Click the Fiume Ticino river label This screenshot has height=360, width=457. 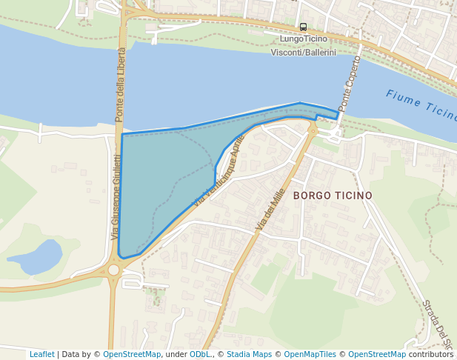coord(420,106)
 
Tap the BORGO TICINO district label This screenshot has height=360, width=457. coord(333,196)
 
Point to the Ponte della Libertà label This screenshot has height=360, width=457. coord(120,85)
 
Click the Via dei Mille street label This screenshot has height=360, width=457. coord(270,208)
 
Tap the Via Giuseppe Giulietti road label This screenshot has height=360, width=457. coord(116,196)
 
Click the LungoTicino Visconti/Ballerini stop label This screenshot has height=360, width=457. coord(303,45)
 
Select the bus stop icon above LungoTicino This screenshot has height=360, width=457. coord(303,27)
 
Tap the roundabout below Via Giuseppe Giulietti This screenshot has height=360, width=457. coord(113,270)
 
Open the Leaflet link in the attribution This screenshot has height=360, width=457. coord(41,354)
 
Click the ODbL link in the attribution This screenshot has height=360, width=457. coord(200,354)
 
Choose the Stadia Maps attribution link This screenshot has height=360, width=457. coord(250,354)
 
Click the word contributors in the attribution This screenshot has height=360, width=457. coord(431,354)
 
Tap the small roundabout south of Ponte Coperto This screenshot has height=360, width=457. coord(313,130)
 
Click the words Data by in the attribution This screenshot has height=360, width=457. coord(79,354)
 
